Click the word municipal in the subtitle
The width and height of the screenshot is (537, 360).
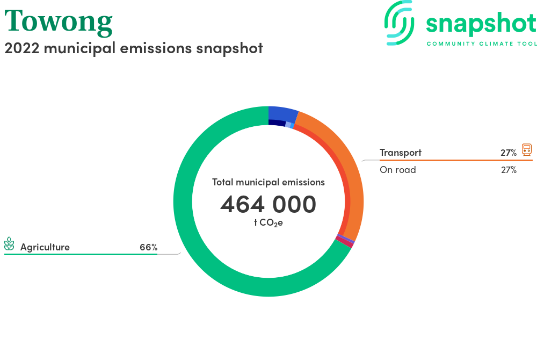80,48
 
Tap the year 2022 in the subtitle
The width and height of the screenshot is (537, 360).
22,48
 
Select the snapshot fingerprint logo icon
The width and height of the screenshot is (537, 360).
399,23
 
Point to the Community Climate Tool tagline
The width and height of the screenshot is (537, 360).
482,44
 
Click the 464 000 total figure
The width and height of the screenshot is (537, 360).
268,204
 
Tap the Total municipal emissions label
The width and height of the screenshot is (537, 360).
268,182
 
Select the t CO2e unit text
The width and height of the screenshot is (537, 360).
268,223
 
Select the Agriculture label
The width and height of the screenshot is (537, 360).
45,247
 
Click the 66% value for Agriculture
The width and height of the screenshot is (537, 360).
149,247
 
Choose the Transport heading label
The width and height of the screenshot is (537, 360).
401,153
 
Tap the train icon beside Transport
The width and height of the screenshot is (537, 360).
527,150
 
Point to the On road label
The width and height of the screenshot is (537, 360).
397,170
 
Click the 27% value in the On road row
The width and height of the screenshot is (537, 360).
509,170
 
